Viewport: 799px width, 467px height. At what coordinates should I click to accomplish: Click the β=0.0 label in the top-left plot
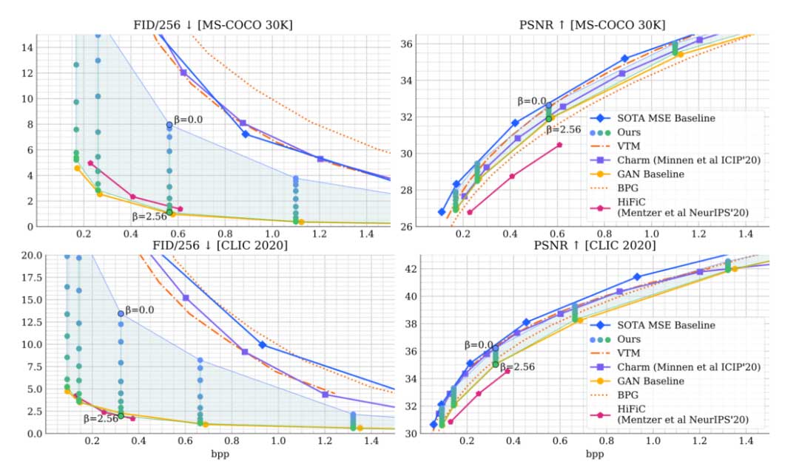(x=186, y=119)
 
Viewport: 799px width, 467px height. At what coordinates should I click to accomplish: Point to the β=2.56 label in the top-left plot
(x=149, y=217)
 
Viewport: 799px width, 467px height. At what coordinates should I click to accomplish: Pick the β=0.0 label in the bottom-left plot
(x=139, y=310)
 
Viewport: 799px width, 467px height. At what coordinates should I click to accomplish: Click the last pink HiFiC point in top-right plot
(x=559, y=145)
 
